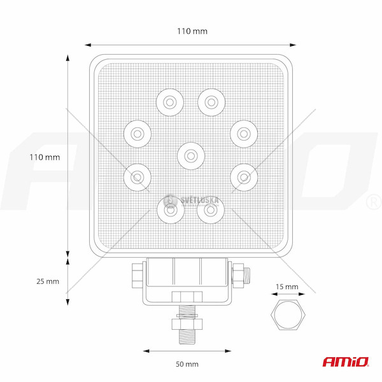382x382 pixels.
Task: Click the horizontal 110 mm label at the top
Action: coord(192,31)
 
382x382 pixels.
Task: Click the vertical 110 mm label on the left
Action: coord(45,157)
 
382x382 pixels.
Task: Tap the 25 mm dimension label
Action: coord(48,281)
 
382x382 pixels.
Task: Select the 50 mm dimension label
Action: coord(187,364)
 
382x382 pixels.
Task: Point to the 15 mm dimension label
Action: coord(287,286)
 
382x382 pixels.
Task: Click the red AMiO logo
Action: coord(346,362)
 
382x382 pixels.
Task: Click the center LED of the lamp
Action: coord(191,156)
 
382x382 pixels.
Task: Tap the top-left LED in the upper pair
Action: coord(170,103)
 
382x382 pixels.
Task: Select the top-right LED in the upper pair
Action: coord(211,103)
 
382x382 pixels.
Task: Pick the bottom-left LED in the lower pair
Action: coord(171,210)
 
